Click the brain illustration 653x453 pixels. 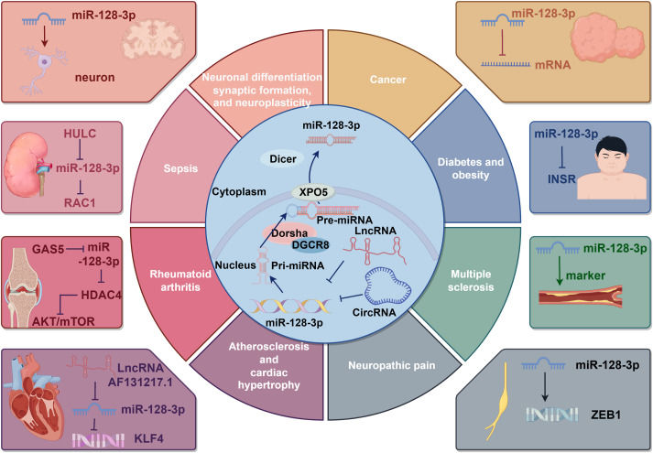click(x=147, y=47)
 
